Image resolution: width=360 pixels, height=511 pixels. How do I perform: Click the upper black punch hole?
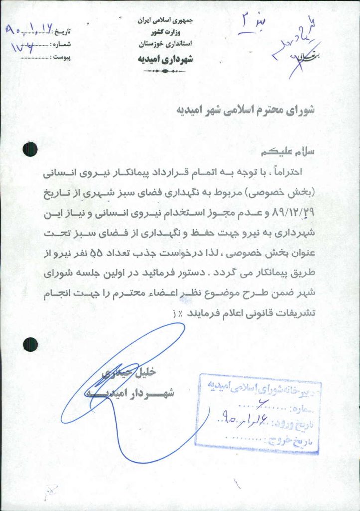click(x=31, y=149)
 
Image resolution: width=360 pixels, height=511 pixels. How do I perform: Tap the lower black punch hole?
click(x=31, y=344)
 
